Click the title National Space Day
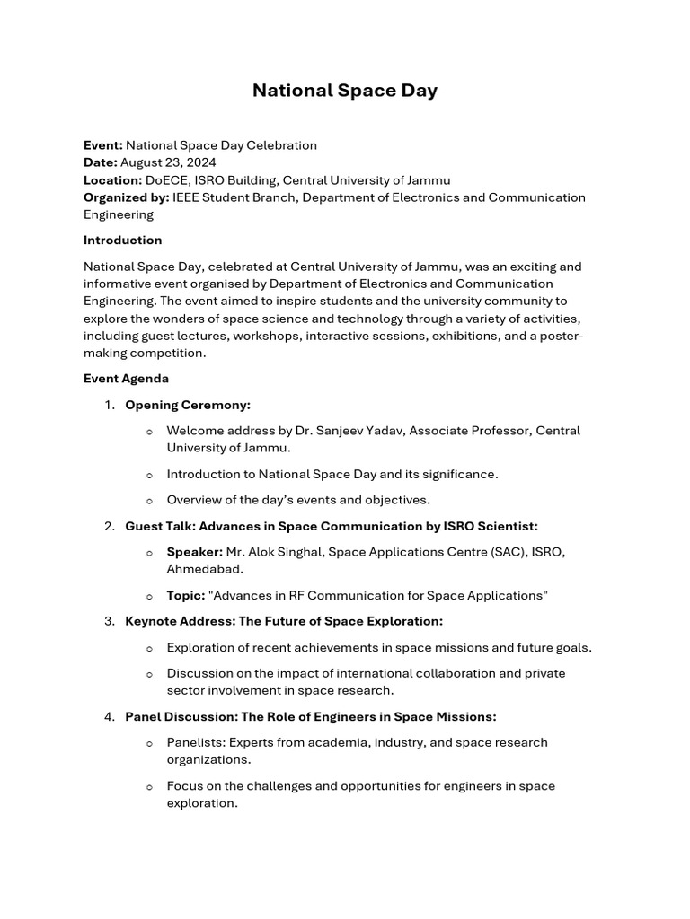pos(344,91)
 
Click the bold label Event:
pos(102,145)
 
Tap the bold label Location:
pos(112,180)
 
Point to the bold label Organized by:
pos(126,197)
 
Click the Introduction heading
pos(123,241)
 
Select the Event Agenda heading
pos(126,379)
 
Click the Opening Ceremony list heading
pos(188,405)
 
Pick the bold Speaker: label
pos(194,552)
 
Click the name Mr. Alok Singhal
pos(275,552)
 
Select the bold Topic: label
pos(186,596)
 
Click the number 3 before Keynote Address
pos(109,621)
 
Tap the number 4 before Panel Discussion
pos(109,716)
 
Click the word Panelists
pos(195,742)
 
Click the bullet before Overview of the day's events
pos(149,501)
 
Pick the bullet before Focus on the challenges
pos(149,787)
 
